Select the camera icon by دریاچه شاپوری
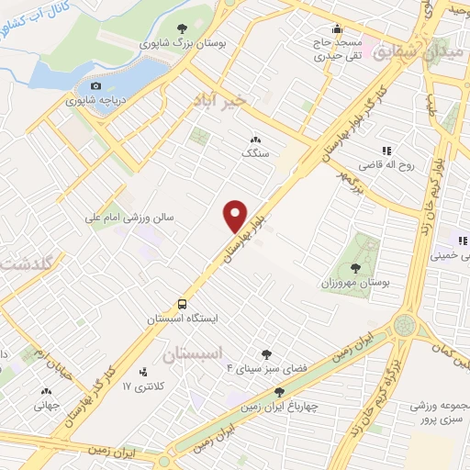click(x=96, y=86)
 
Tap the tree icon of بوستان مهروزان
click(x=355, y=268)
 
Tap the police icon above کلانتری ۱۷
click(x=142, y=372)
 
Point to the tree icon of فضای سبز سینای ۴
click(x=267, y=353)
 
